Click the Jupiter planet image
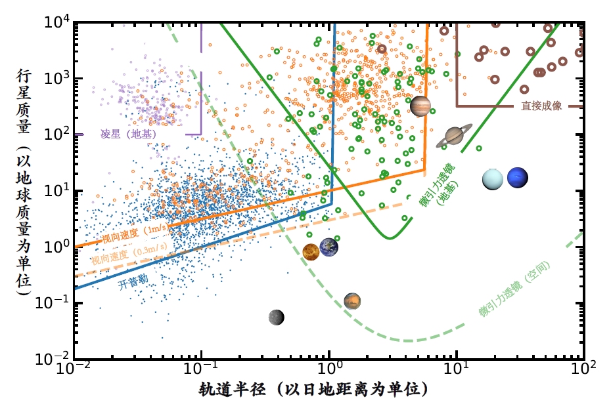[420, 106]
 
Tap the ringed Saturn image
[454, 136]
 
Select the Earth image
[329, 247]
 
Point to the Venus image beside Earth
[311, 251]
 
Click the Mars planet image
[353, 301]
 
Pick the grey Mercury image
[277, 318]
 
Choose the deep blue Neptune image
[517, 178]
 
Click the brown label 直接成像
[541, 106]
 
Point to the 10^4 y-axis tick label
[57, 22]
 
